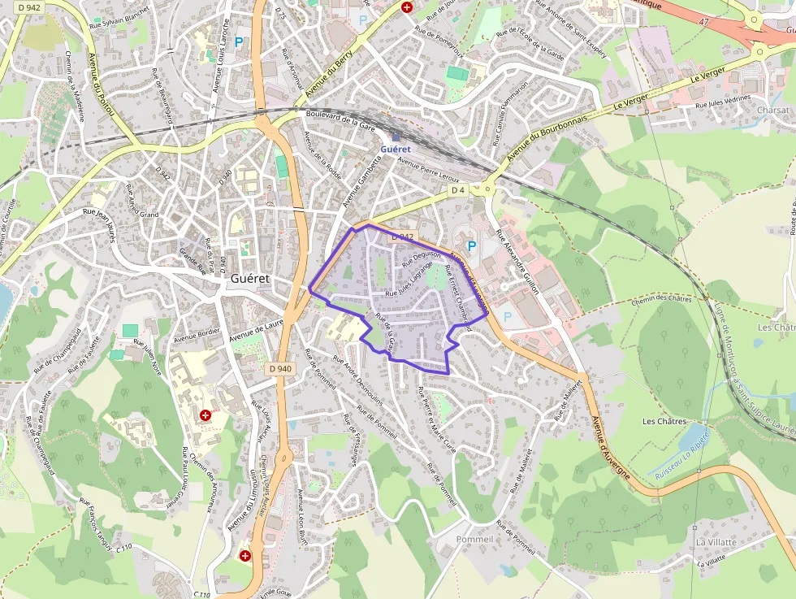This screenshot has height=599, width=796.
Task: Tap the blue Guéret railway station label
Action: (396, 149)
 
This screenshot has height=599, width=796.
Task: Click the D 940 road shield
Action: (279, 368)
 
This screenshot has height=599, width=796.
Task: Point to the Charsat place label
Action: (772, 110)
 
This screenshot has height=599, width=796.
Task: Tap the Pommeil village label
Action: (474, 540)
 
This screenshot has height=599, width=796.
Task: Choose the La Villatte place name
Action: (716, 542)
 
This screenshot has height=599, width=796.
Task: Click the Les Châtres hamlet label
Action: (664, 421)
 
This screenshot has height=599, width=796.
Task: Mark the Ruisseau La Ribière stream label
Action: (683, 456)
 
